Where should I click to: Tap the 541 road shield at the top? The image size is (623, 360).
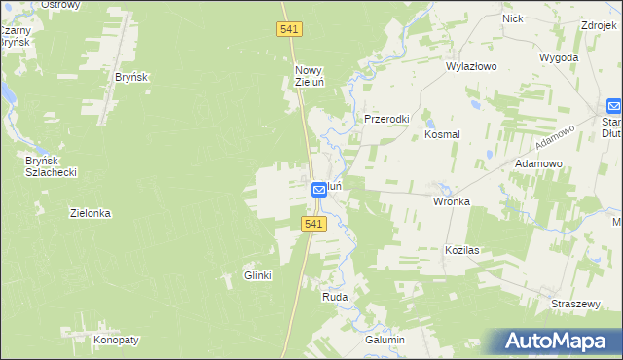[289, 31]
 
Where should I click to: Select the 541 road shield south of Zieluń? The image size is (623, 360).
[311, 224]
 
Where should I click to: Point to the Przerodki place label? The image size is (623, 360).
[386, 119]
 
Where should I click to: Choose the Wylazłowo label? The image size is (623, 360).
[471, 67]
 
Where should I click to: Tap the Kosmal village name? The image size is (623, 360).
[442, 135]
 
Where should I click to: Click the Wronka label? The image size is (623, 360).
[452, 201]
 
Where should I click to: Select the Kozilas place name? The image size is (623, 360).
[463, 250]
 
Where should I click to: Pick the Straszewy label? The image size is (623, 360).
[574, 304]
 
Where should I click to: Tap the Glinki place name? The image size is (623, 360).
[257, 275]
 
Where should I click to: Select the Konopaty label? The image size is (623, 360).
[117, 340]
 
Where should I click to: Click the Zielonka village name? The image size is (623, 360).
[91, 212]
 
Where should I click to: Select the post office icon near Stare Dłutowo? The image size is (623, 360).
[614, 105]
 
